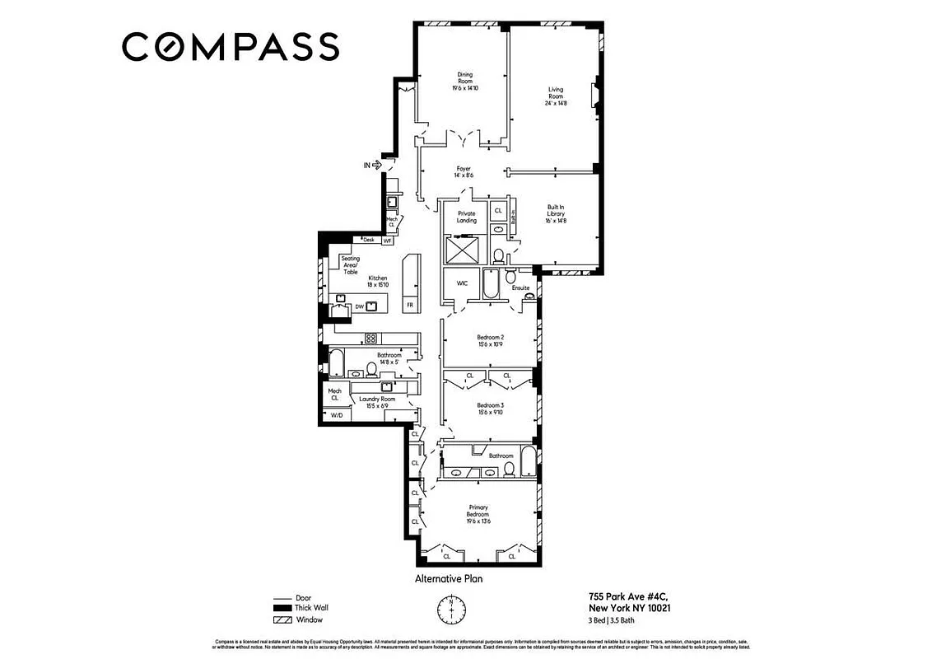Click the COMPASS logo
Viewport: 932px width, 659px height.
231,46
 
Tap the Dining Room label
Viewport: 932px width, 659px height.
465,81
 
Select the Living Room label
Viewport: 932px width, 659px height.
557,96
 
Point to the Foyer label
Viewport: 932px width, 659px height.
463,172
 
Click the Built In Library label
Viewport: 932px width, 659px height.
557,213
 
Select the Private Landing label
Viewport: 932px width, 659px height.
466,217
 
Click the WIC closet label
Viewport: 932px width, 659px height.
462,283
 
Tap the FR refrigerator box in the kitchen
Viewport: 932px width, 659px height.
409,305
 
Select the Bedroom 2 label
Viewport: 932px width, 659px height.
490,340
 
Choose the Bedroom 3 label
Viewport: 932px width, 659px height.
490,409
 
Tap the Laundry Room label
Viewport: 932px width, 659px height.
377,402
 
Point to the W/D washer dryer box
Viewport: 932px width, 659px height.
337,416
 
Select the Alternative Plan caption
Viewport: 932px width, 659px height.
448,579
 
